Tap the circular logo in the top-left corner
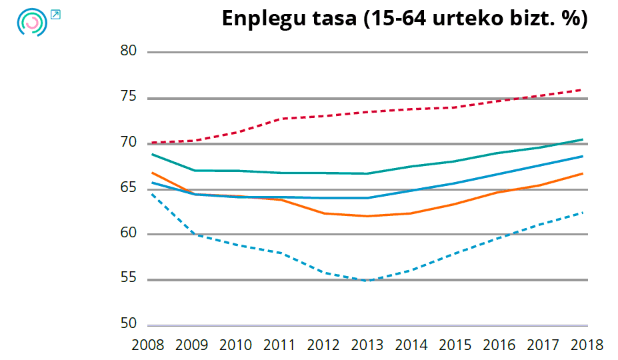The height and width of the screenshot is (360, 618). [x=31, y=22]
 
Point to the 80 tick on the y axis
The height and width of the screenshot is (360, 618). [x=129, y=51]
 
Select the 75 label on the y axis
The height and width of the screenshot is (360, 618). [x=129, y=97]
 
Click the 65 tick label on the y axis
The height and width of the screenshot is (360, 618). [x=129, y=188]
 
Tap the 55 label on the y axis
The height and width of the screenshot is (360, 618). [x=129, y=279]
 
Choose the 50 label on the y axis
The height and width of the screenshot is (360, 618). [x=129, y=324]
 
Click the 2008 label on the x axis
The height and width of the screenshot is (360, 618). [x=148, y=345]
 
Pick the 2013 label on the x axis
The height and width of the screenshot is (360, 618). [x=367, y=345]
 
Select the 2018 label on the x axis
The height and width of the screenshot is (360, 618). [x=587, y=345]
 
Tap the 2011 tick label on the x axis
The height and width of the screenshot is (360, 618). [x=279, y=345]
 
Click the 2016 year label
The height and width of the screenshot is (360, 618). [x=499, y=345]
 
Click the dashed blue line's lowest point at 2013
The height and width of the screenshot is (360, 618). [x=367, y=281]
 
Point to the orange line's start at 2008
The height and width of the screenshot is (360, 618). [x=153, y=173]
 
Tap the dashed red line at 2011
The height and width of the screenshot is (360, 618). [x=279, y=119]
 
